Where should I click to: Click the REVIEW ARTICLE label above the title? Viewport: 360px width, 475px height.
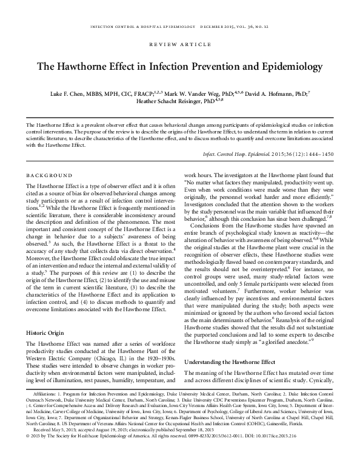click(x=179, y=46)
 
